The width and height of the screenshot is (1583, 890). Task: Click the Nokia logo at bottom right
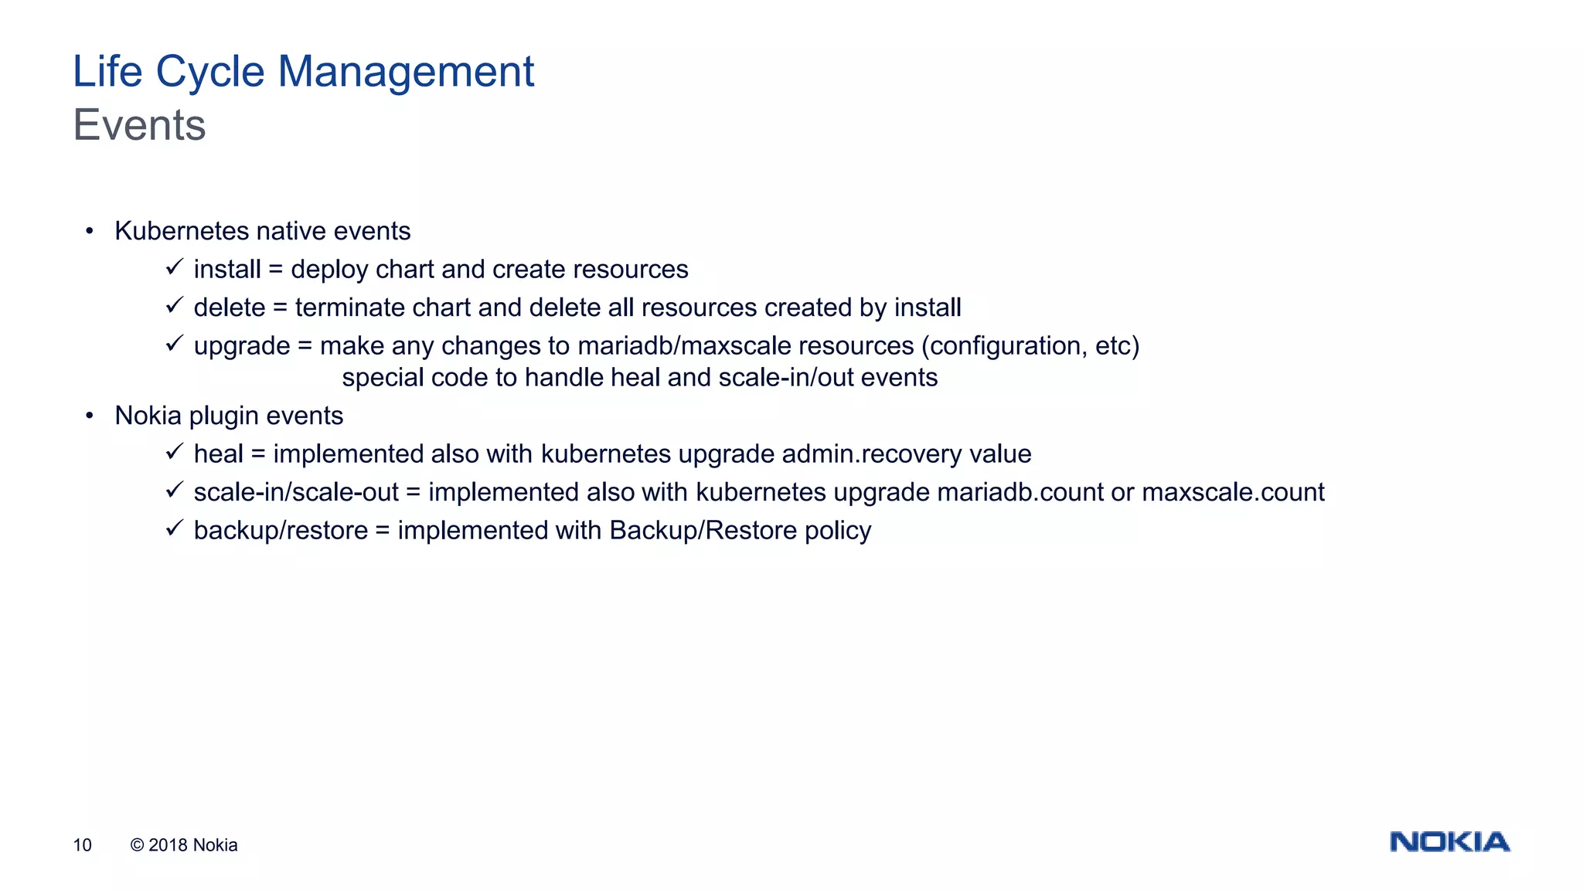[1449, 842]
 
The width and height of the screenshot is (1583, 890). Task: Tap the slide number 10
[82, 845]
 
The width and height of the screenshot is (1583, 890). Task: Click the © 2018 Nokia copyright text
[184, 845]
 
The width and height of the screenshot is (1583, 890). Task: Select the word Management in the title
[405, 72]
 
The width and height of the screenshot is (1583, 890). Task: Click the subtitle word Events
[140, 125]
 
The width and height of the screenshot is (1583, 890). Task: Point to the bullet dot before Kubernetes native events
[90, 231]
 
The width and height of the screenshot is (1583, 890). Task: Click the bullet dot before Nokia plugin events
[90, 416]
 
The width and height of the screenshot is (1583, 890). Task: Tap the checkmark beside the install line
[174, 267]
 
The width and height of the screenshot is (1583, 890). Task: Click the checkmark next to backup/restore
[174, 528]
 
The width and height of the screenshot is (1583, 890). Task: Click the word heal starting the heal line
[218, 453]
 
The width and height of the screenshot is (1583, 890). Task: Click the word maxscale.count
[1233, 492]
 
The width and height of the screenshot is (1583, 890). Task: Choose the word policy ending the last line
[837, 531]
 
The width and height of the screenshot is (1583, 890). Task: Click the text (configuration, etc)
[1030, 346]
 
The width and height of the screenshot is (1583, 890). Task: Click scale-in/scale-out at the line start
[296, 492]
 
